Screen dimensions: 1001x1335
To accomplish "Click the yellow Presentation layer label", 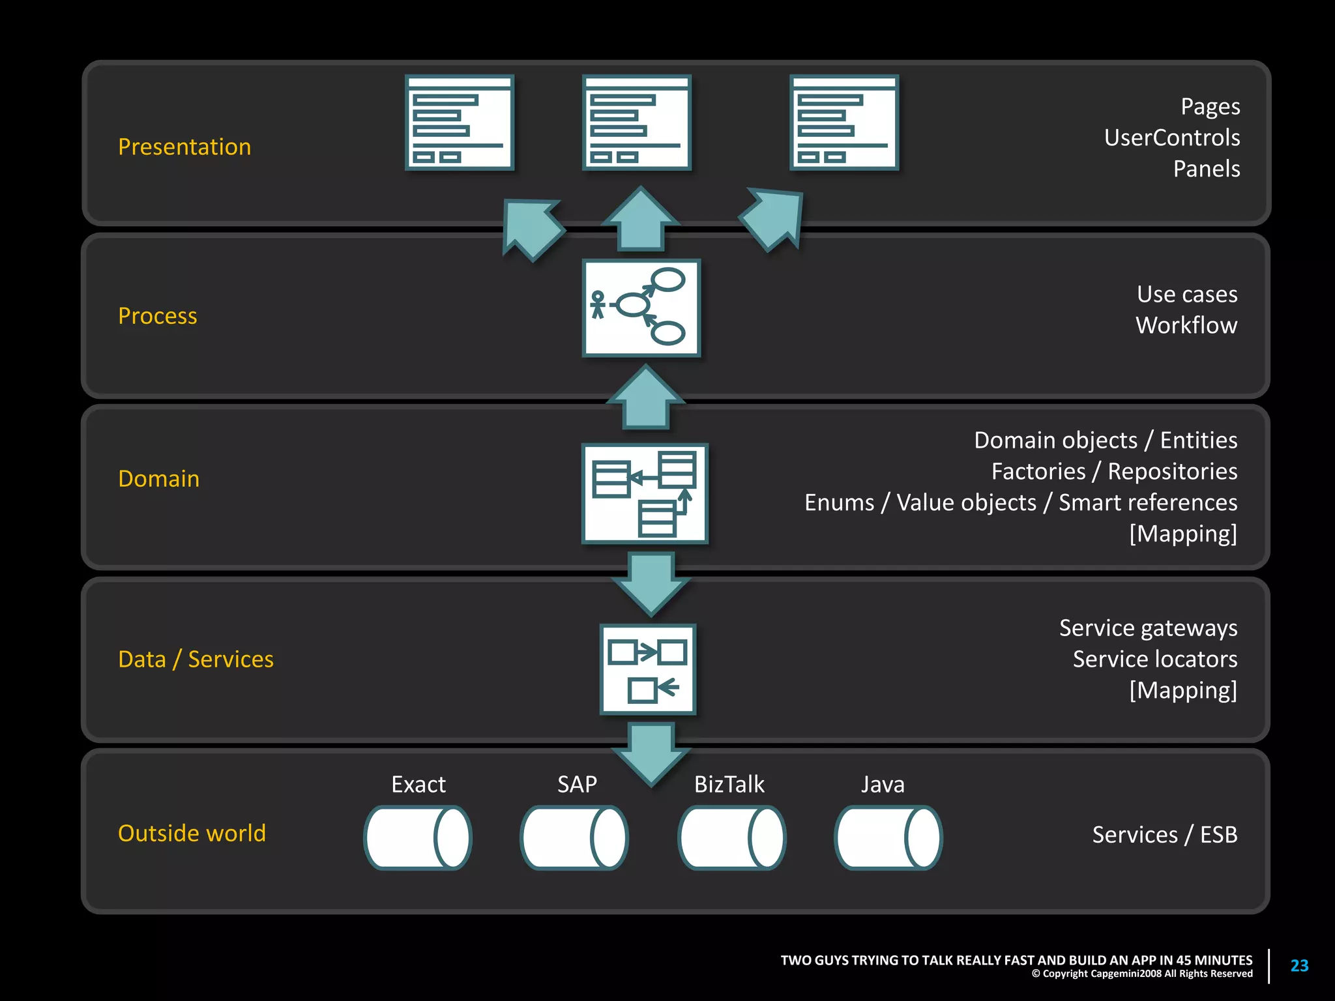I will pos(184,147).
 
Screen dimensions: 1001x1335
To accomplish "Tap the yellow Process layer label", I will pos(157,316).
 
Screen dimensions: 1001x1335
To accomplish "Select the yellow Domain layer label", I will pos(158,479).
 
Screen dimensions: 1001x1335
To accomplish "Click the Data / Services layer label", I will pos(196,660).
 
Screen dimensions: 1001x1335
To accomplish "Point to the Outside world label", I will pos(192,834).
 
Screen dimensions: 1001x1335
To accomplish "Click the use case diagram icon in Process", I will pos(641,308).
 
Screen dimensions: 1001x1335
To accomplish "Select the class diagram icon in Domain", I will pos(644,494).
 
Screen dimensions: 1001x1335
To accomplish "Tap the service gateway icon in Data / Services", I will pos(647,669).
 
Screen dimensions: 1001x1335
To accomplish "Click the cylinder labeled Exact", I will pos(417,838).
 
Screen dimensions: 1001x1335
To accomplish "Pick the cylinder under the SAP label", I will pos(574,838).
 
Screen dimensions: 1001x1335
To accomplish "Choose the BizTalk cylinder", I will pos(731,838).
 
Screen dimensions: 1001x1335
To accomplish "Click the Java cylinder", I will pos(888,838).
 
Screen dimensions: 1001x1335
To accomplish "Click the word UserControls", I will pos(1171,138).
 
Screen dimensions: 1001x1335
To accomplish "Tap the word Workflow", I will pos(1186,325).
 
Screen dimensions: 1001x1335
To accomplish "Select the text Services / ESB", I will pos(1164,835).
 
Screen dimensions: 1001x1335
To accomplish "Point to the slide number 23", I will pos(1299,966).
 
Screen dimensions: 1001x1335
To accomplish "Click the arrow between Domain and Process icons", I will pos(645,398).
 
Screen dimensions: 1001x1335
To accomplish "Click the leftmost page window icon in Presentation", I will pos(460,123).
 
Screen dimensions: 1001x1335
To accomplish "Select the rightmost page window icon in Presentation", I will pos(844,123).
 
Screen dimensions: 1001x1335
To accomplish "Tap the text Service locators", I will pos(1154,660).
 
